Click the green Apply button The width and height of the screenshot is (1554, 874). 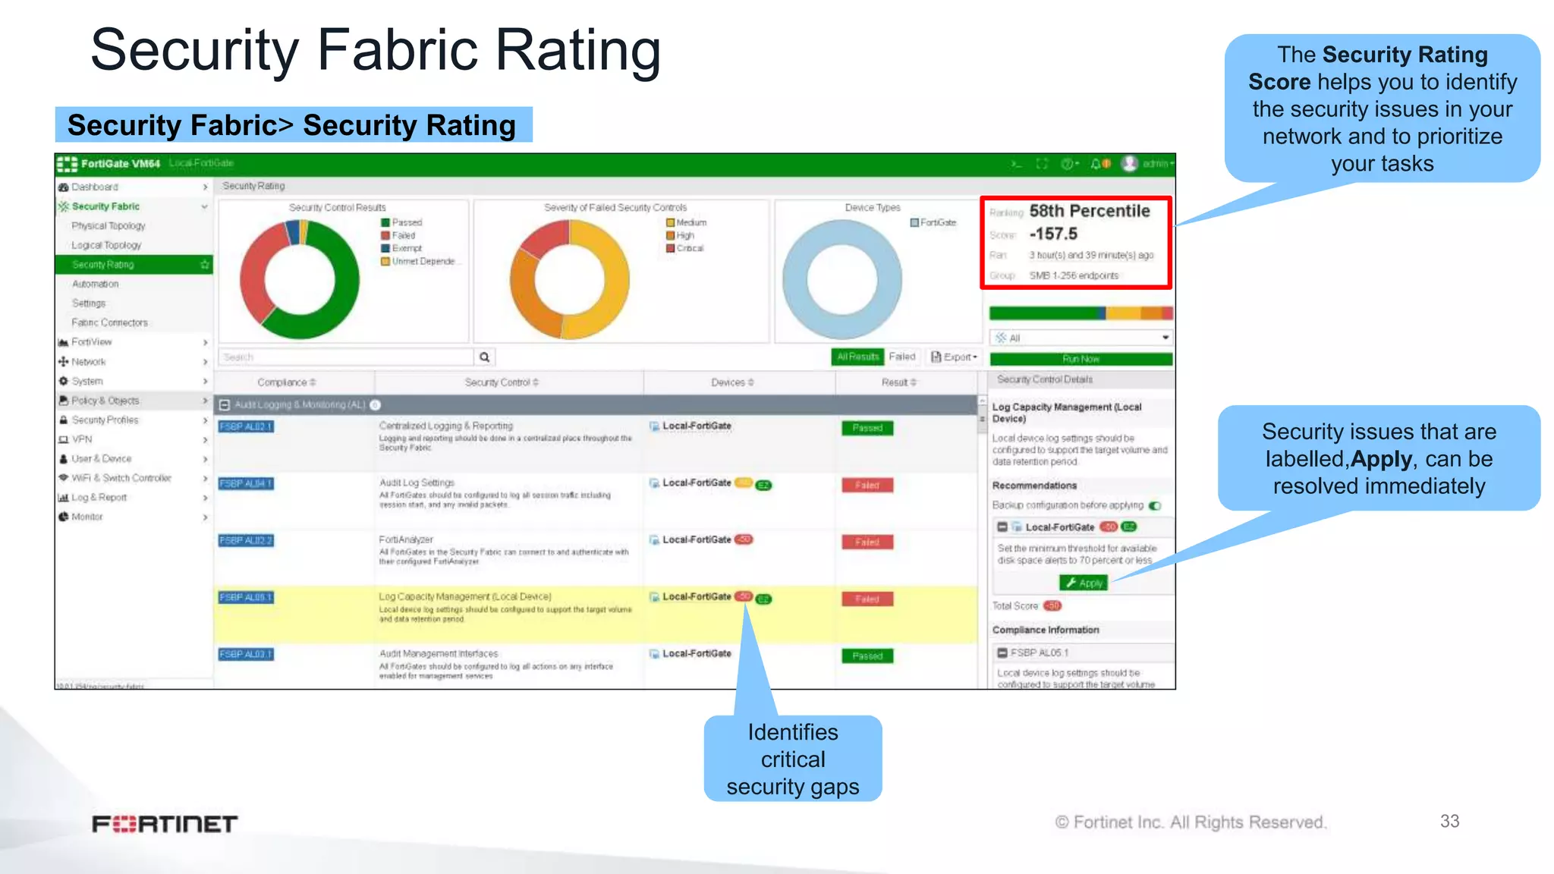point(1084,583)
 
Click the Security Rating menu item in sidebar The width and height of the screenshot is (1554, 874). point(103,265)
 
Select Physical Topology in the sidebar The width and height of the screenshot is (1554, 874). point(109,226)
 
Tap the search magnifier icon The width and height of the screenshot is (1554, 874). point(484,357)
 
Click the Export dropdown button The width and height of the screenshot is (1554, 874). point(955,357)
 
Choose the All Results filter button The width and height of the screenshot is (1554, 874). point(857,357)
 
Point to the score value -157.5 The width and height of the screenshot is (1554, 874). point(1053,234)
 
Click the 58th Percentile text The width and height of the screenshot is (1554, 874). point(1090,212)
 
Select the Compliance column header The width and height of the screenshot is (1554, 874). point(286,382)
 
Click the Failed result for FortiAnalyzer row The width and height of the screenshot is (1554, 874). point(867,542)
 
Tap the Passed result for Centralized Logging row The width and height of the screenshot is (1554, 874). point(867,428)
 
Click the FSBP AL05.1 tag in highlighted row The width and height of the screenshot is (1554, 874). point(246,598)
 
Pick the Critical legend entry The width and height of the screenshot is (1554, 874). point(689,249)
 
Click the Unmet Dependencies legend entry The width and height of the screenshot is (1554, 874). point(422,262)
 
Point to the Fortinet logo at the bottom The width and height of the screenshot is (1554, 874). point(165,824)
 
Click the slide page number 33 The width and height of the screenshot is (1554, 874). point(1449,821)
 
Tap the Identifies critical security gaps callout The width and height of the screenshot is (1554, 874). point(793,759)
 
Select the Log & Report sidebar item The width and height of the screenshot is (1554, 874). point(99,498)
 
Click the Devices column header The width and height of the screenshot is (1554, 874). point(732,382)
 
